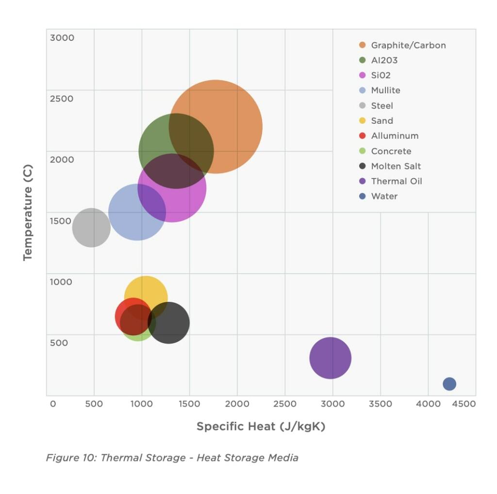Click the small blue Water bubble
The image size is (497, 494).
tap(449, 384)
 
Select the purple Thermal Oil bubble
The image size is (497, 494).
tap(331, 358)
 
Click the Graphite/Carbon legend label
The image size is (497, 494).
tap(408, 45)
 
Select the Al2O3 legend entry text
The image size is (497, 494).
tap(384, 60)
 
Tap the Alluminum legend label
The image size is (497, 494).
tap(395, 136)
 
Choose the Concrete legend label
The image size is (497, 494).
tap(391, 151)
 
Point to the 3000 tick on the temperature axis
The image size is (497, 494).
tap(62, 37)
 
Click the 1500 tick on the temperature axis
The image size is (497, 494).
tap(61, 221)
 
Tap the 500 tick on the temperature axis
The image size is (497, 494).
tap(59, 343)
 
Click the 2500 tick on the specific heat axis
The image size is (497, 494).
tap(284, 404)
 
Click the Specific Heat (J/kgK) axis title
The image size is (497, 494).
tap(261, 427)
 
